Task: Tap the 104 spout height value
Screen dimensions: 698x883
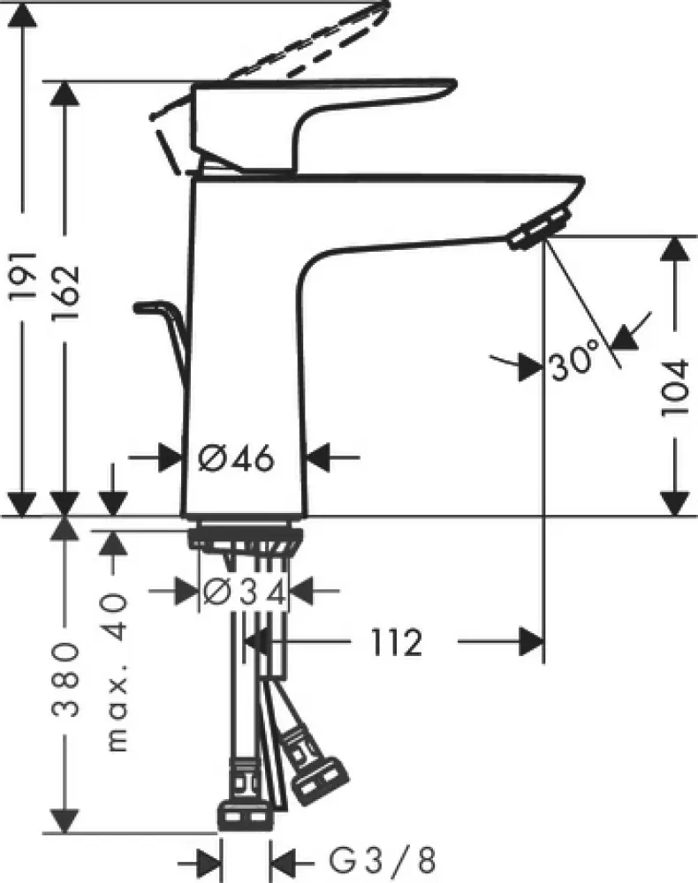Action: point(675,388)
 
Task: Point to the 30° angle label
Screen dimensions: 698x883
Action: point(573,360)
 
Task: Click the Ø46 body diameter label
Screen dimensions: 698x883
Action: point(237,457)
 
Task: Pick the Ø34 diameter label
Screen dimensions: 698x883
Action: point(245,592)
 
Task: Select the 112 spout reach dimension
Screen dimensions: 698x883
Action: point(396,642)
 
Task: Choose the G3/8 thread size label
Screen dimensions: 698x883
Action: point(383,861)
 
